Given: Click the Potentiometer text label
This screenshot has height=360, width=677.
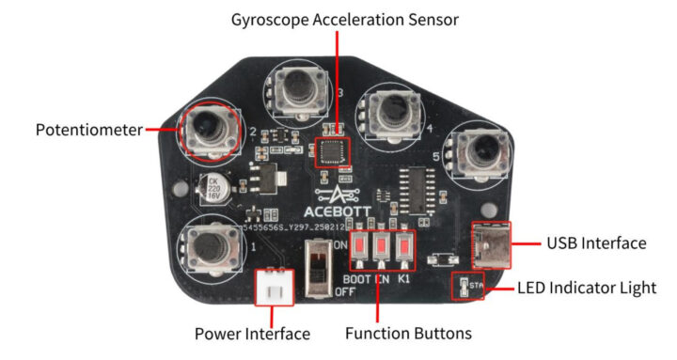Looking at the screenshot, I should (x=89, y=130).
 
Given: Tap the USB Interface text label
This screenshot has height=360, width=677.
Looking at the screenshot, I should (x=596, y=243).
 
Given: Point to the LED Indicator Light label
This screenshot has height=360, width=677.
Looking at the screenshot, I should (x=587, y=288).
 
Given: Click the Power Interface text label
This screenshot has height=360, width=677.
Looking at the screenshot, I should (x=252, y=334).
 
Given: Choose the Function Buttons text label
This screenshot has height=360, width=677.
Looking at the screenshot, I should (x=408, y=334).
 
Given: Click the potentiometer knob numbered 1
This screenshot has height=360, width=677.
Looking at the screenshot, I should (x=212, y=248).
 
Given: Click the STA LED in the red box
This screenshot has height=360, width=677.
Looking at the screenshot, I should (x=467, y=285).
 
